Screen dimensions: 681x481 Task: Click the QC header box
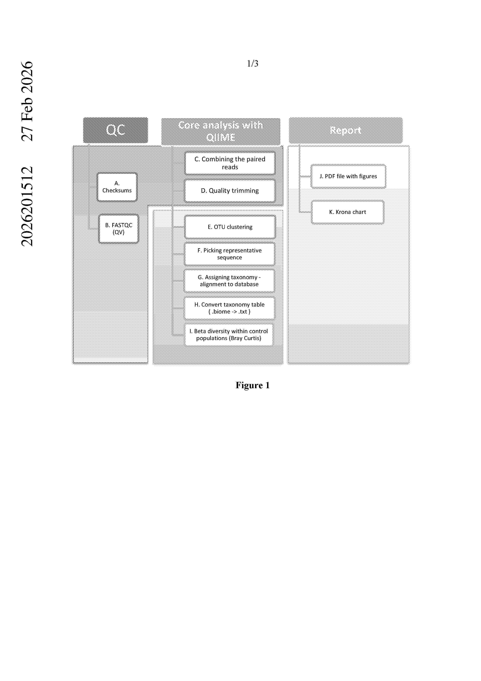[x=115, y=130]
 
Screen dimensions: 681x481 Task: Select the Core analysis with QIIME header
[x=221, y=131]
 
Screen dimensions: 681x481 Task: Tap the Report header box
[x=346, y=130]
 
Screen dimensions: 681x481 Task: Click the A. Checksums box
[x=117, y=187]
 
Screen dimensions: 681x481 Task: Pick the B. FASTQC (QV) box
[x=119, y=229]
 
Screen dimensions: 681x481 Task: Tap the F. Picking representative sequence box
[x=229, y=254]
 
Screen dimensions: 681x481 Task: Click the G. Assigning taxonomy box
[x=229, y=281]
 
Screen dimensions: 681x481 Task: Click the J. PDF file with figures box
[x=348, y=176]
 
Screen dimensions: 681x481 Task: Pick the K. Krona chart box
[x=347, y=212]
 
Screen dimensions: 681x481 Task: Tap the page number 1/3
[x=253, y=63]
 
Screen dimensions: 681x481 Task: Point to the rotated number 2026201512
[x=27, y=206]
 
